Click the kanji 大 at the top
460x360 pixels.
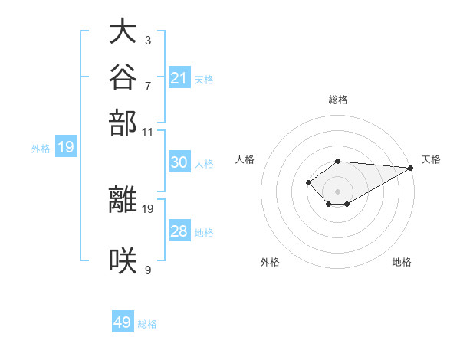(123, 31)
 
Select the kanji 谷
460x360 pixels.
(123, 77)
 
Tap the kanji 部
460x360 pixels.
(123, 123)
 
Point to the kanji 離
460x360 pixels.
(123, 199)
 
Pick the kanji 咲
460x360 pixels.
(123, 260)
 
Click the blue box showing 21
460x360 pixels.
(179, 77)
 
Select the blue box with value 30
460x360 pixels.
(179, 162)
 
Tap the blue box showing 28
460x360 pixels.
(179, 230)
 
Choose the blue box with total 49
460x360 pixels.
(123, 321)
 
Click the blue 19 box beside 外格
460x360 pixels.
(66, 146)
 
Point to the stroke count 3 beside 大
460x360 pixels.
(148, 41)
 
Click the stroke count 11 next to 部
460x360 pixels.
(147, 133)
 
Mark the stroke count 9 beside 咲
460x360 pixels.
(148, 270)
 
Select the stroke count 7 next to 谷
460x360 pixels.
(148, 87)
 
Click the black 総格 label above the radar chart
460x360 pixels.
(338, 100)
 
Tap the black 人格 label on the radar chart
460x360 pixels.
(245, 159)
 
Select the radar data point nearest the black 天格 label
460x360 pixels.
(411, 168)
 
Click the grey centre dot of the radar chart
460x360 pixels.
(337, 191)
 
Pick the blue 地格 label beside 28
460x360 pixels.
(204, 233)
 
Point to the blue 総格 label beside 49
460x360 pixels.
(147, 324)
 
